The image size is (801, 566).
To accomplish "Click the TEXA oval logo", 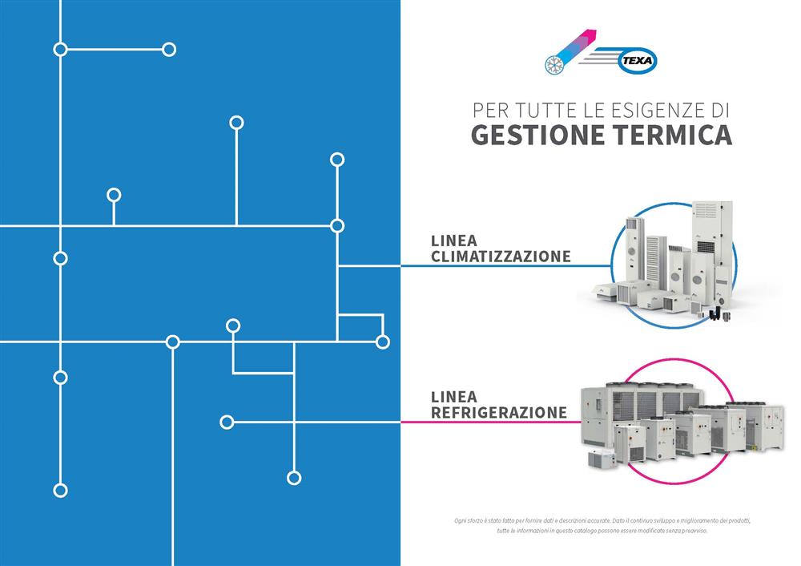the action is click(x=638, y=61).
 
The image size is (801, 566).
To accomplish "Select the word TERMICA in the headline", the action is click(x=673, y=135).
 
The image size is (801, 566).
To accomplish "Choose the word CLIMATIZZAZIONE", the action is click(x=501, y=257).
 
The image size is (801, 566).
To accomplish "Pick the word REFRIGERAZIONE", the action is click(x=498, y=412).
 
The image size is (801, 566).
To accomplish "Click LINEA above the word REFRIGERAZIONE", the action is click(x=453, y=397).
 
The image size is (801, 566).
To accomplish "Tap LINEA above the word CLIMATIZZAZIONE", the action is click(x=453, y=241).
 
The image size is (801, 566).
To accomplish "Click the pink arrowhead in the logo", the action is click(x=590, y=36).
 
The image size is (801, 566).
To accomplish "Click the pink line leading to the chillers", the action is click(x=491, y=422).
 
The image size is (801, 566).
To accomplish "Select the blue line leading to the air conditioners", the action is click(x=505, y=266).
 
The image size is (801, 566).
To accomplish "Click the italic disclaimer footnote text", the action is click(x=602, y=526).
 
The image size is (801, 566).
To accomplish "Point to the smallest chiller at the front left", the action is click(x=602, y=458).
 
